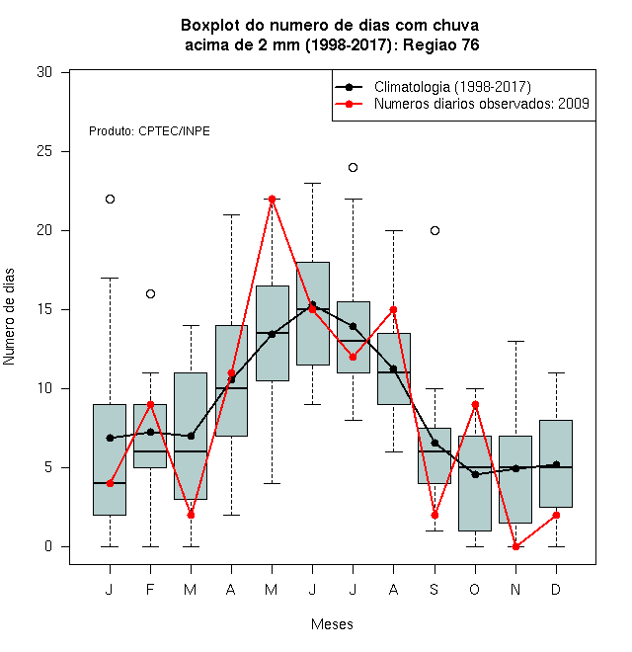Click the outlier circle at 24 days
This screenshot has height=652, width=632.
[x=353, y=168]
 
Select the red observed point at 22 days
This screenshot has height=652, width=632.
[x=272, y=200]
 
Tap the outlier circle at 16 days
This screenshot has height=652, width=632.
[x=150, y=294]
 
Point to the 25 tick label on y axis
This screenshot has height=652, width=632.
[x=44, y=151]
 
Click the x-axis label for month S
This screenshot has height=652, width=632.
[x=434, y=589]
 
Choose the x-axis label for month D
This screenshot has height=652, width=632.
[x=556, y=589]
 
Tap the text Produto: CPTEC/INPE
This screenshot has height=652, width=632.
[x=149, y=131]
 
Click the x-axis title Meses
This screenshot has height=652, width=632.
[x=332, y=624]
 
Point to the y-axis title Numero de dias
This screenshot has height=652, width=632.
[x=9, y=317]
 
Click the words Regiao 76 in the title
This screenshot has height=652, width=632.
[x=440, y=44]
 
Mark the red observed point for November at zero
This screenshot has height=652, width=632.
[x=516, y=547]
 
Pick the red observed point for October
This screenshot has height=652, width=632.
[x=475, y=405]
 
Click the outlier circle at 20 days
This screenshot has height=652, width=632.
[x=434, y=231]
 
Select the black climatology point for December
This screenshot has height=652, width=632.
[x=556, y=464]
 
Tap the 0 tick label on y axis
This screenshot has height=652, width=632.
[x=48, y=546]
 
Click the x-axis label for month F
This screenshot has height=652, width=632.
[x=150, y=589]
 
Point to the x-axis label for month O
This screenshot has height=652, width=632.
[x=474, y=589]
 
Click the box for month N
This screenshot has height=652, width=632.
[x=515, y=479]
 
